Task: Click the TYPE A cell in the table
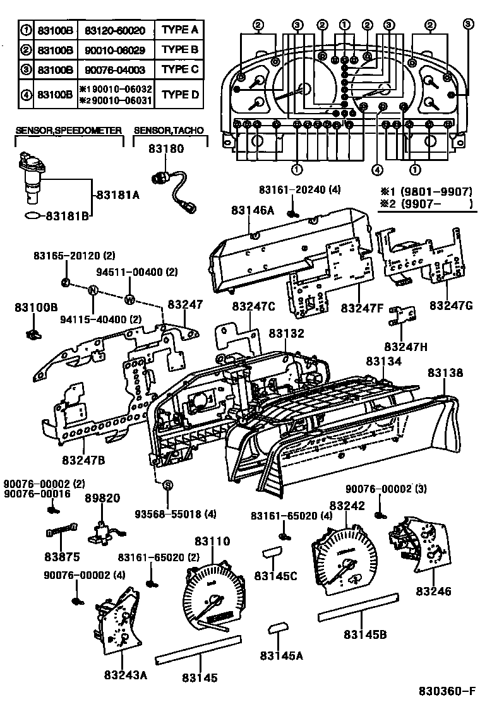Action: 179,29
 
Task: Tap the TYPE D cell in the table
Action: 179,94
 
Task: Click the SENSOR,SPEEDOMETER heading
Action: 68,130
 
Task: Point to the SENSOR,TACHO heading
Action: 169,130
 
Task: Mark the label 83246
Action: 433,591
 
